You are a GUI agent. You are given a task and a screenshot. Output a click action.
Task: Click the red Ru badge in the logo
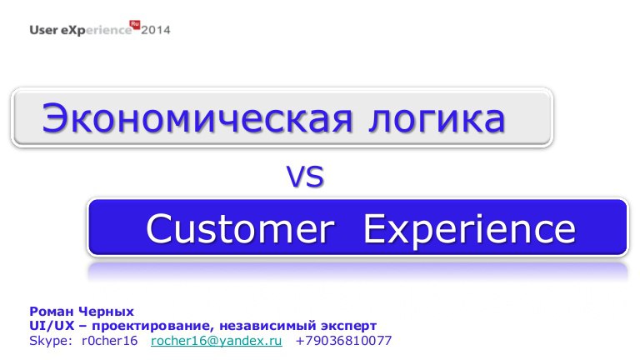pyautogui.click(x=135, y=24)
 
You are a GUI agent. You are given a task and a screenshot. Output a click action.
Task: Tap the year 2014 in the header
pyautogui.click(x=156, y=30)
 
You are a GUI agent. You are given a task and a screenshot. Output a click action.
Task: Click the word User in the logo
pyautogui.click(x=43, y=30)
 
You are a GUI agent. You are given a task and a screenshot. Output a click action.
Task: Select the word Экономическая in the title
pyautogui.click(x=197, y=119)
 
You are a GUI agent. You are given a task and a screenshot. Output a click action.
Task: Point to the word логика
pyautogui.click(x=437, y=119)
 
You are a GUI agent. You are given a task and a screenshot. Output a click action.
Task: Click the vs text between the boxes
pyautogui.click(x=305, y=177)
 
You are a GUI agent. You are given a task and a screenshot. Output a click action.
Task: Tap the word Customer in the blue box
pyautogui.click(x=240, y=229)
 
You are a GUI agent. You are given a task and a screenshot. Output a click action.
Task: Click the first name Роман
pyautogui.click(x=52, y=312)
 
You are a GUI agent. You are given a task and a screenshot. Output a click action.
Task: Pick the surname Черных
pyautogui.click(x=106, y=312)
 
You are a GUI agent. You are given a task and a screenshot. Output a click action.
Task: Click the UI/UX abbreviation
pyautogui.click(x=52, y=326)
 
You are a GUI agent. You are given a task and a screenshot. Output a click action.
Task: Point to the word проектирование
pyautogui.click(x=153, y=327)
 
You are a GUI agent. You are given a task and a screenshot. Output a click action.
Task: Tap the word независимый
pyautogui.click(x=268, y=326)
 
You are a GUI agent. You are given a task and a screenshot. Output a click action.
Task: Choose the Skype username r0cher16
pyautogui.click(x=109, y=340)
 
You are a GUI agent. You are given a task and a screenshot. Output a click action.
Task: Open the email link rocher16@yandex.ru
pyautogui.click(x=217, y=341)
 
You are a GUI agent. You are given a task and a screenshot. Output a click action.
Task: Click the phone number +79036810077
pyautogui.click(x=343, y=340)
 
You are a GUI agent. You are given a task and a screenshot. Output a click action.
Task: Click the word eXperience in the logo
pyautogui.click(x=97, y=31)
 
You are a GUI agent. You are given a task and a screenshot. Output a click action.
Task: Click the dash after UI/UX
pyautogui.click(x=83, y=327)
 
